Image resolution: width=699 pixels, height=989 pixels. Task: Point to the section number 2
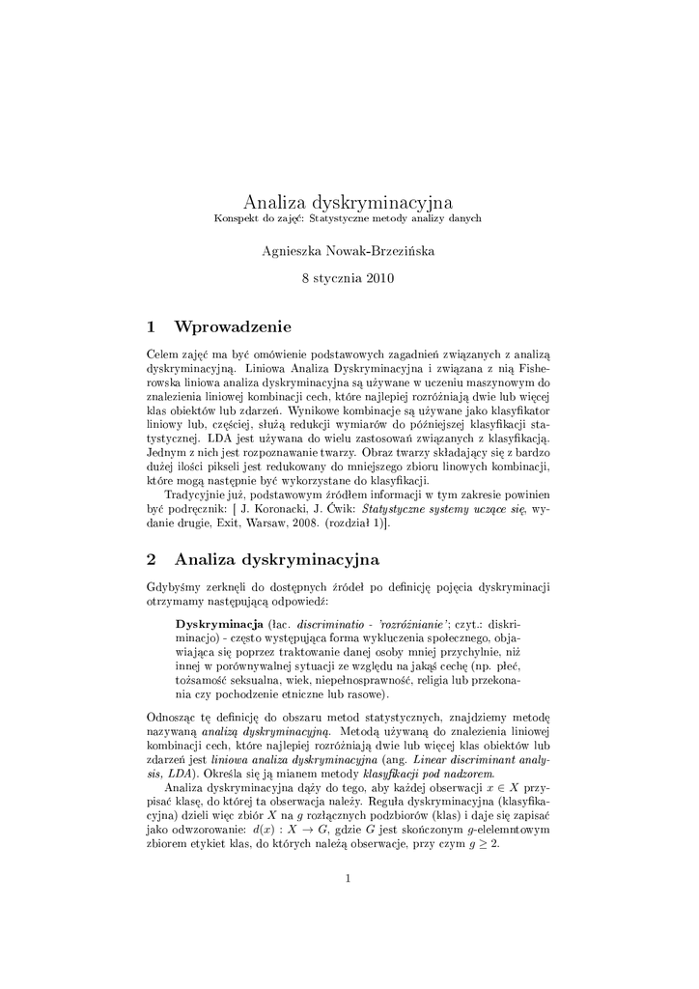[152, 559]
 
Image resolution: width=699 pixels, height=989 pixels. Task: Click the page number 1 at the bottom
[348, 878]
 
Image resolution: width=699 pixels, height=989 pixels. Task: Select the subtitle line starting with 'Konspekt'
[348, 219]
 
